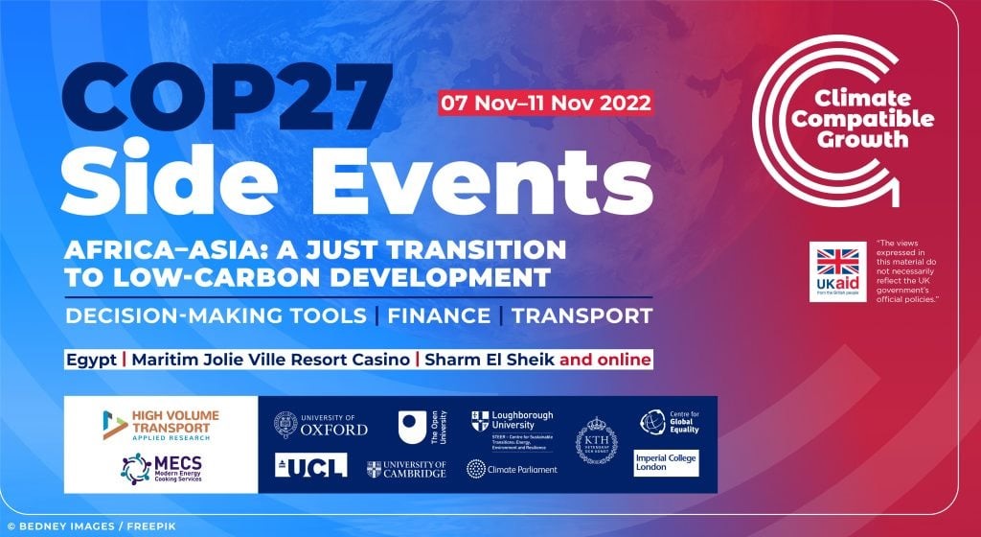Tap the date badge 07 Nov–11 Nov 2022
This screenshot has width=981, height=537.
[x=545, y=102]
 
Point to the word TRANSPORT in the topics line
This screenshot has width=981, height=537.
[x=582, y=315]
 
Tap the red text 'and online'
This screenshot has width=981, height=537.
[x=605, y=361]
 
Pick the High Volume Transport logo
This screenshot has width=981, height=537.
[x=160, y=424]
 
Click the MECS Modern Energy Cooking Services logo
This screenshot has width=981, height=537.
[x=160, y=468]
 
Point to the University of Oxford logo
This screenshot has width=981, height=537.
[x=320, y=424]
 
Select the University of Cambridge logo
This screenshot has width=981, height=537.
[x=406, y=468]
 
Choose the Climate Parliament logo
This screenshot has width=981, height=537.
[x=510, y=468]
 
